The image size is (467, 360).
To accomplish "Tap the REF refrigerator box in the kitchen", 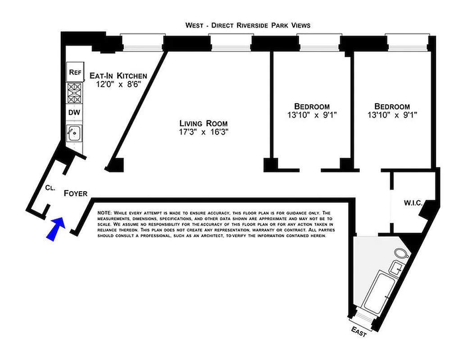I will tap(74, 72).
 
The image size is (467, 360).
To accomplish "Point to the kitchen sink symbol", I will tap(74, 133).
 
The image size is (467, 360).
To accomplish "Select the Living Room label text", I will tap(204, 123).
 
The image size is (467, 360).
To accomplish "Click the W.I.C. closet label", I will tap(413, 203).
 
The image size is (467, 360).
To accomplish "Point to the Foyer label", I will tap(75, 193).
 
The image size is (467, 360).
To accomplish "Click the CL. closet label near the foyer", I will tap(50, 189).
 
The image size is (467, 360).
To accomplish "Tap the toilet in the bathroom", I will tap(401, 253).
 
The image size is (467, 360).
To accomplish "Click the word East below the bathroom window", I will tap(359, 333).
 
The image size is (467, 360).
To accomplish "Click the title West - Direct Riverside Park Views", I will tap(248, 25).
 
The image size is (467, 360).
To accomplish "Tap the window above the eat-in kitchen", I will tap(142, 43).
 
